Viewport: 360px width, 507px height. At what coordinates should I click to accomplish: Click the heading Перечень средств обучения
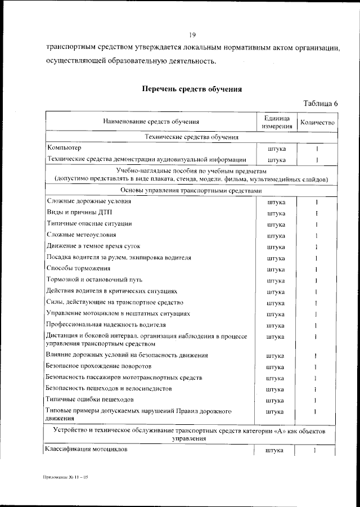[192, 88]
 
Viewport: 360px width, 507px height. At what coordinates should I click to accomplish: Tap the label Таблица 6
[320, 103]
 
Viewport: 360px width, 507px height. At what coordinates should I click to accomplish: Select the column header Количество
[317, 122]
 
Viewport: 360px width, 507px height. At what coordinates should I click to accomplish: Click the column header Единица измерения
[276, 122]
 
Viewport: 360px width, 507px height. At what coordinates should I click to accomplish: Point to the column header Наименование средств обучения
[151, 122]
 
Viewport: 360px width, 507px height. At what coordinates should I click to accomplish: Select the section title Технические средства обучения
[191, 137]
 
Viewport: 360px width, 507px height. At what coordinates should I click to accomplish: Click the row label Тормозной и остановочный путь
[93, 280]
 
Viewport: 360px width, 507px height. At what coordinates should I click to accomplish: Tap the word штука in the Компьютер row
[276, 149]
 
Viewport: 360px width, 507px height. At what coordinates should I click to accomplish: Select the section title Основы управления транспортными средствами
[191, 191]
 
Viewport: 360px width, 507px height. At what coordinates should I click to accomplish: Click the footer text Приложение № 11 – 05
[66, 477]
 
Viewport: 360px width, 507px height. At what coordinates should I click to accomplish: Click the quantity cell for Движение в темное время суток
[317, 246]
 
